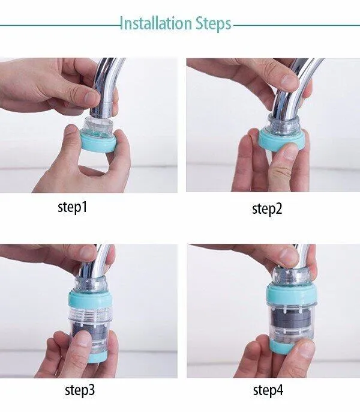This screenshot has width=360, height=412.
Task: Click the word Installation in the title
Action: (155, 23)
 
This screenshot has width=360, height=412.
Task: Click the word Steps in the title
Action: (213, 25)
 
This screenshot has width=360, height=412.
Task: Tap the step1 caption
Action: (72, 207)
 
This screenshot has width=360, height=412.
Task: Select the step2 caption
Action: (267, 209)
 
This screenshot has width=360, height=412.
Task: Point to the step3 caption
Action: (80, 390)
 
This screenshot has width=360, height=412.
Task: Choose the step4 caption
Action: (268, 390)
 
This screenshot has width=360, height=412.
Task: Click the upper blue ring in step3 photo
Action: (91, 299)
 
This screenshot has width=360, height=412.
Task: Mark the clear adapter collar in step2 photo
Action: (283, 124)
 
